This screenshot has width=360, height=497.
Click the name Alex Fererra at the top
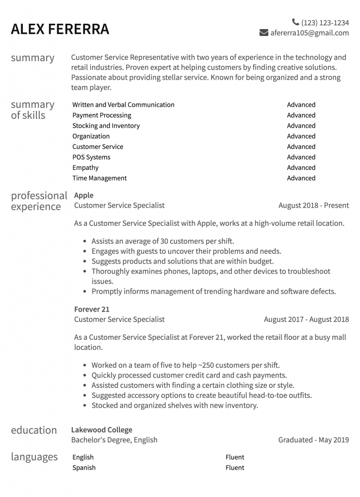(60, 29)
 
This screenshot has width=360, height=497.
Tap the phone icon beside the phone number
(295, 22)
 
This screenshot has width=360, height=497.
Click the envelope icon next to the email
(264, 33)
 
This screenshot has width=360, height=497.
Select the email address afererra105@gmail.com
(310, 33)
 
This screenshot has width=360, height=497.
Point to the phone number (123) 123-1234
(325, 22)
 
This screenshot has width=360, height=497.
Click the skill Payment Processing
(101, 116)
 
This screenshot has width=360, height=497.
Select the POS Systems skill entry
(91, 157)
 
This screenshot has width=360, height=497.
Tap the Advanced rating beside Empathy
(301, 168)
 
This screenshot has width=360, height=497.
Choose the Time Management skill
(99, 178)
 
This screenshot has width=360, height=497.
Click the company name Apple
(83, 195)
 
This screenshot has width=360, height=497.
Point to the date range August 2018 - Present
(313, 205)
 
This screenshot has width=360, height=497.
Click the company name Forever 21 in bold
(92, 309)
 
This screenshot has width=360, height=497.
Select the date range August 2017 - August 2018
(306, 319)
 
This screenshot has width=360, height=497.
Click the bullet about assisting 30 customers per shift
(163, 241)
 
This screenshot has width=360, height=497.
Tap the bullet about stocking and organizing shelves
(175, 405)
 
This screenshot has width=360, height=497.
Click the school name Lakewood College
(101, 430)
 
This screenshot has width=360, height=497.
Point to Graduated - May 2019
(313, 440)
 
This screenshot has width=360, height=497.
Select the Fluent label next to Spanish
(235, 468)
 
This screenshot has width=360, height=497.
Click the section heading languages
(34, 457)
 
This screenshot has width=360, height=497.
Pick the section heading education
(33, 430)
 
